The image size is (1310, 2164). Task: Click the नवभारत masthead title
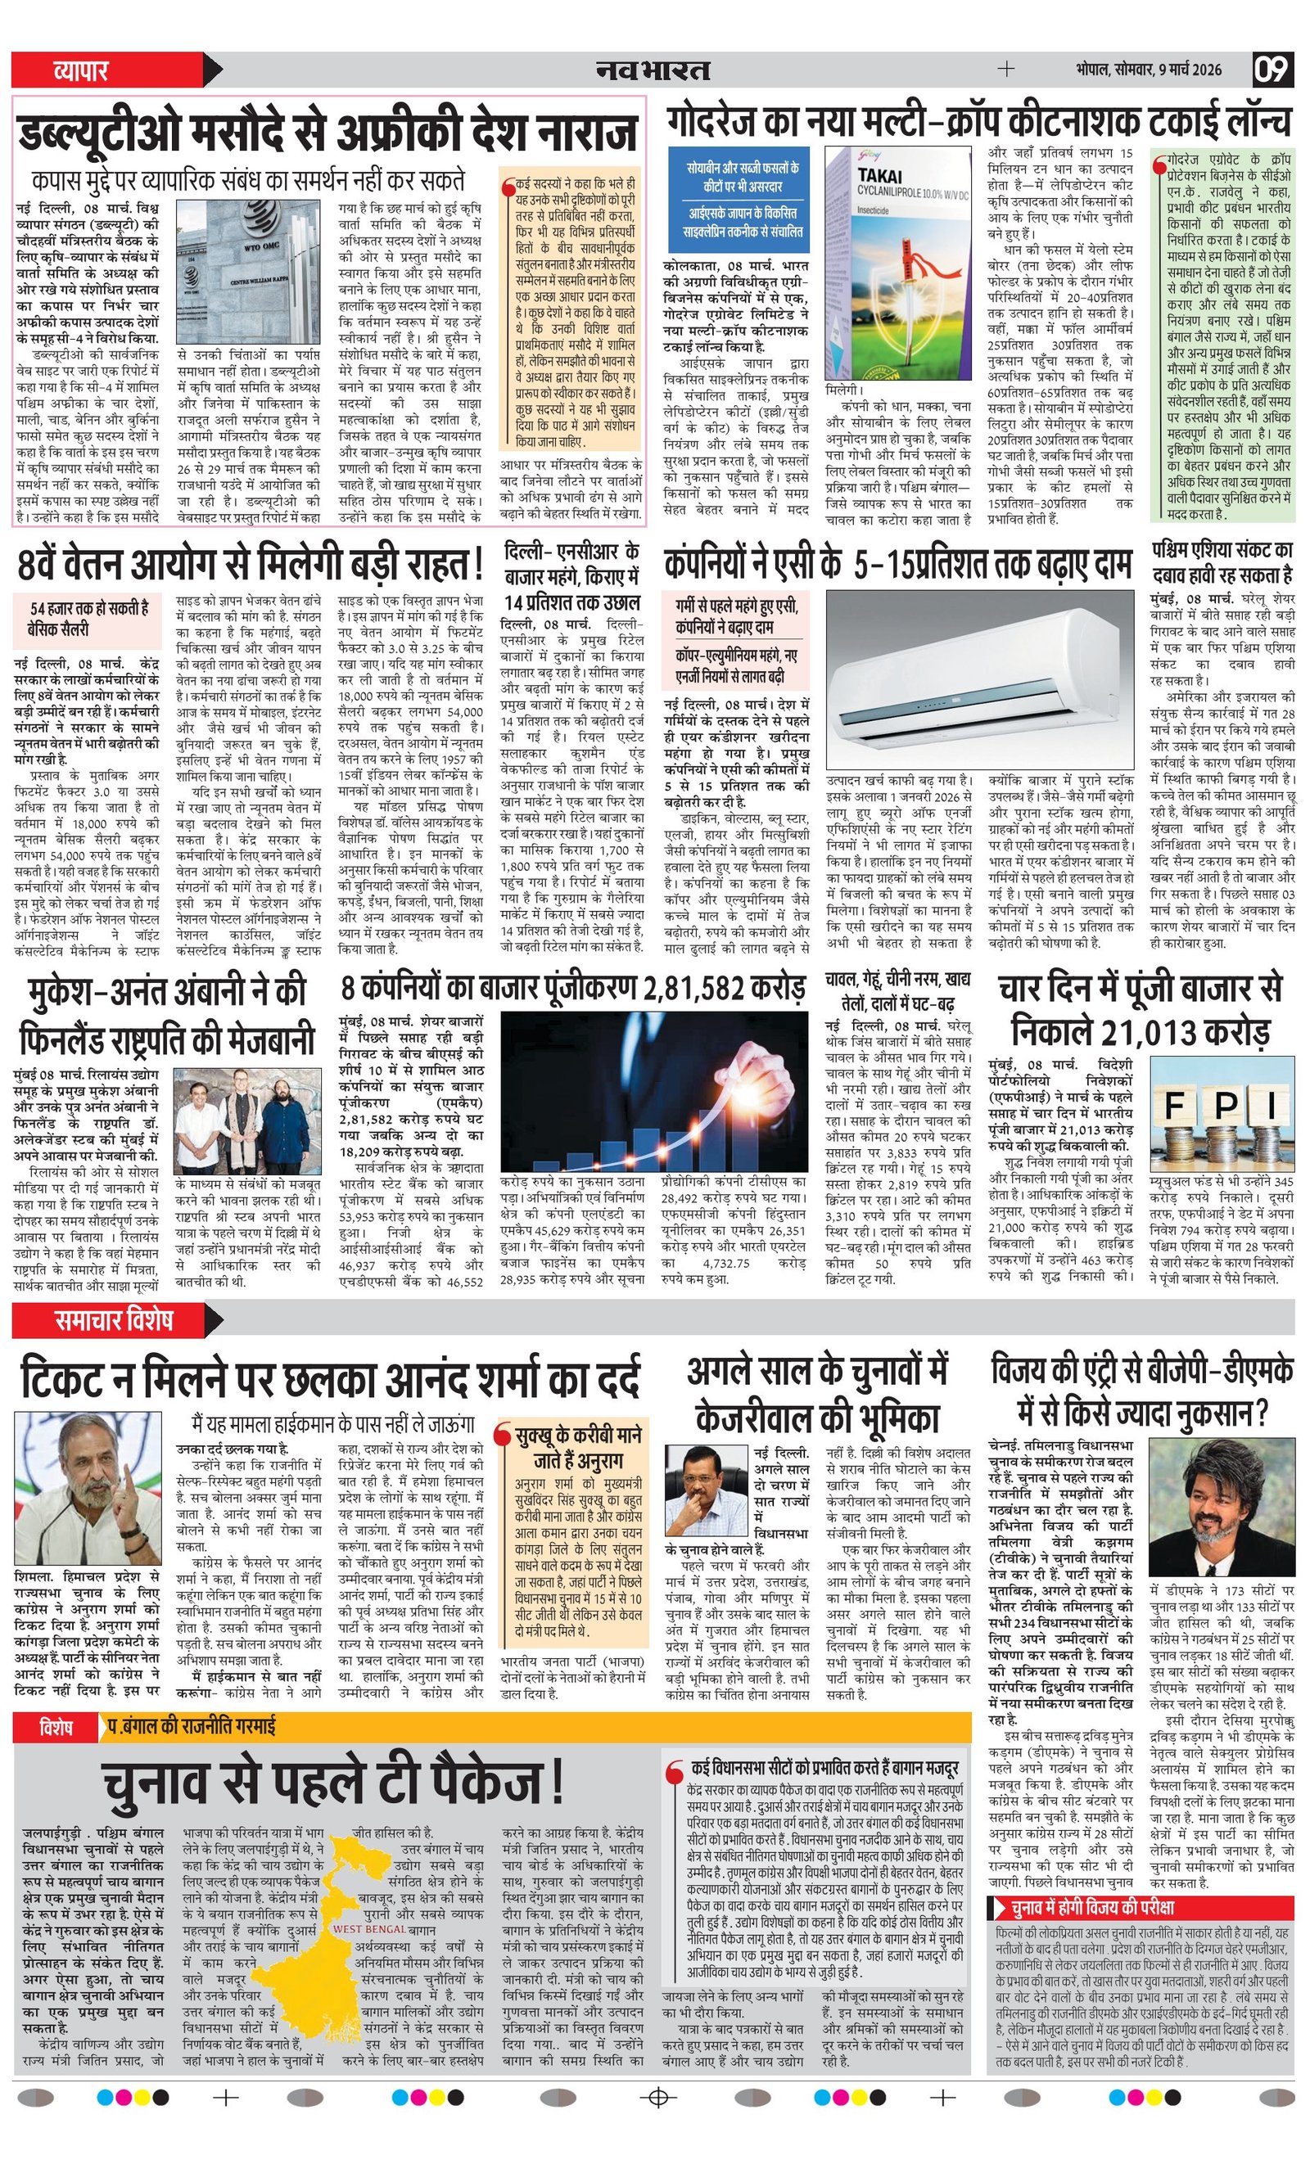pos(653,70)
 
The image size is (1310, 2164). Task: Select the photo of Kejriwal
pos(707,1489)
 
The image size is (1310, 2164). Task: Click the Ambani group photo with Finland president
pos(247,1120)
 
